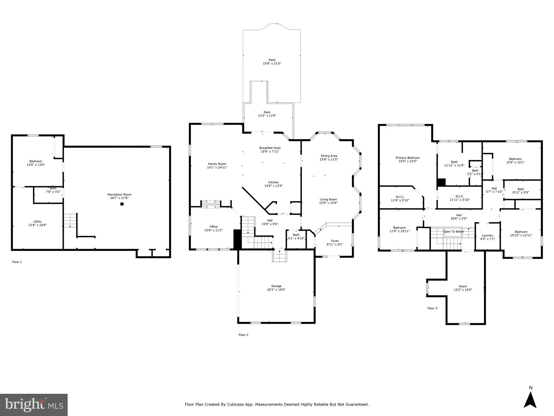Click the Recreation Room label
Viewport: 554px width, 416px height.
(x=119, y=194)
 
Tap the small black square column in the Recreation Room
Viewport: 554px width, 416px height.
(x=122, y=204)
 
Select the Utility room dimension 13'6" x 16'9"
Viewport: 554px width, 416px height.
(x=38, y=225)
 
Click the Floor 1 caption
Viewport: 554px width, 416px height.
(x=17, y=262)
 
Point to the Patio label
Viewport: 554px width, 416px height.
(x=272, y=60)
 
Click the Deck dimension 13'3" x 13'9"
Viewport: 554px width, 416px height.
(x=267, y=116)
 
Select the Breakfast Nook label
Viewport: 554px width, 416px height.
(x=270, y=148)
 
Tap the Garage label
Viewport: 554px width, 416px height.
(x=276, y=286)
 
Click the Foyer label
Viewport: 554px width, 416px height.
(x=335, y=241)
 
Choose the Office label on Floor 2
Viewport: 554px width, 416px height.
(x=214, y=227)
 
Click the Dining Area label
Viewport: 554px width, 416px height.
(x=329, y=156)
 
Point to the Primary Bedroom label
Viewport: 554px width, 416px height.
(x=408, y=158)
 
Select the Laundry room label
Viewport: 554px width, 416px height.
(x=488, y=235)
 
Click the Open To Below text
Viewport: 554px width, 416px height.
(x=454, y=232)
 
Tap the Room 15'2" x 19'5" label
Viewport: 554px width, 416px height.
(x=463, y=286)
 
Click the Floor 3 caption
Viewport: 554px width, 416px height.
(x=432, y=308)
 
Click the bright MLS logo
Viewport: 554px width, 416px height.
(x=34, y=405)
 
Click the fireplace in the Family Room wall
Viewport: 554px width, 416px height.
(x=211, y=204)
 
